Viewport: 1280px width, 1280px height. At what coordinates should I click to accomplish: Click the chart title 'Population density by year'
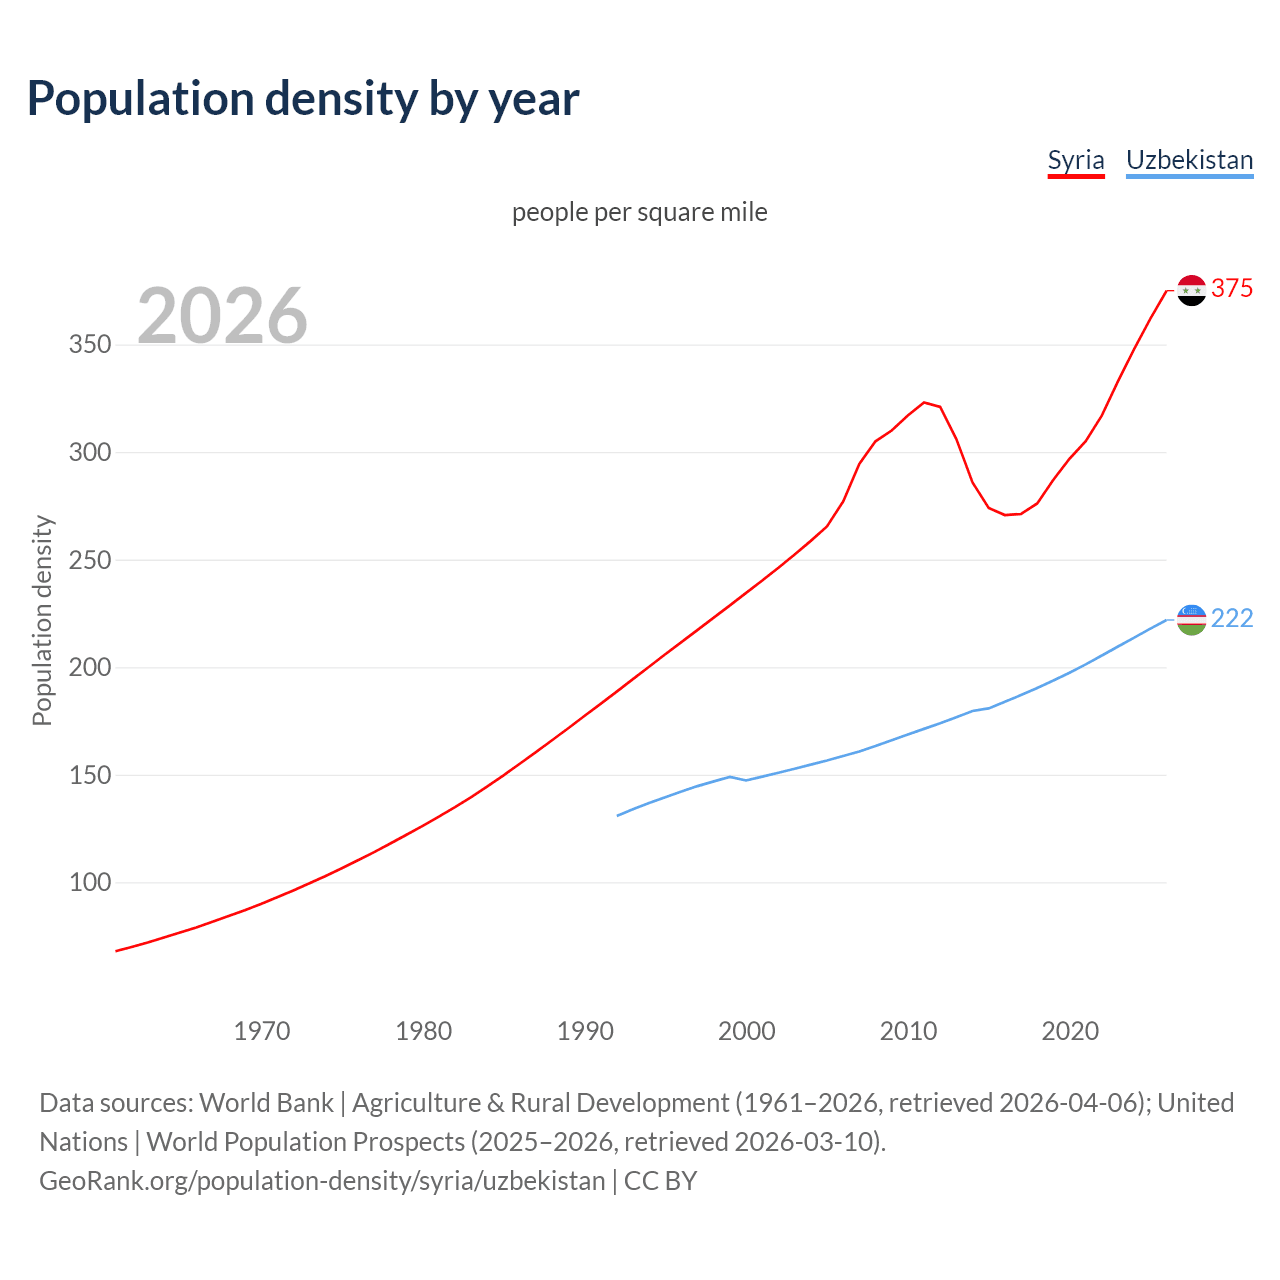coord(303,98)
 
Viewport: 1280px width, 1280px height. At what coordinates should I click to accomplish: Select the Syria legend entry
coord(1075,160)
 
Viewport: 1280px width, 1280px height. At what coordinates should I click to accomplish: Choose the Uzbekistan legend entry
coord(1189,160)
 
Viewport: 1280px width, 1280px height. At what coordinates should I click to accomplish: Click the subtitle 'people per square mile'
coord(639,212)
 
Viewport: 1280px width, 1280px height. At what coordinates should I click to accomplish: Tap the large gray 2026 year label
coord(222,316)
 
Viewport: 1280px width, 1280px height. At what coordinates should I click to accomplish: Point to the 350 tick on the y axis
coord(90,345)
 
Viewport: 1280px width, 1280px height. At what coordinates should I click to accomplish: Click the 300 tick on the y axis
coord(90,453)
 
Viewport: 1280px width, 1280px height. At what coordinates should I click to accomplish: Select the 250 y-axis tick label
coord(90,560)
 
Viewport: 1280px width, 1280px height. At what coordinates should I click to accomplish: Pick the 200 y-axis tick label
coord(90,668)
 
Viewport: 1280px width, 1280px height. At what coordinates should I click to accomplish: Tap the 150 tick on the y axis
coord(90,775)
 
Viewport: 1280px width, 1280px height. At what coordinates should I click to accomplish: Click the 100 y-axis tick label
coord(90,883)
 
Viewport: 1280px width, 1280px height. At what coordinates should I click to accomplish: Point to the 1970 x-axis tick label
coord(262,1031)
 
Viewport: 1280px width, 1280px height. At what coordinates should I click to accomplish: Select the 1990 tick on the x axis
coord(585,1031)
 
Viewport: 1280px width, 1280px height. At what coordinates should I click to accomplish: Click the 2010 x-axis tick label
coord(908,1031)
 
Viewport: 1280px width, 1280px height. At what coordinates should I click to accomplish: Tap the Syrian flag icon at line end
coord(1191,290)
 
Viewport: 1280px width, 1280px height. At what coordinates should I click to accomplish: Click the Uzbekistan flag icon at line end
coord(1191,620)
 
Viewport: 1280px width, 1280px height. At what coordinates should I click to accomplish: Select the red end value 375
coord(1232,289)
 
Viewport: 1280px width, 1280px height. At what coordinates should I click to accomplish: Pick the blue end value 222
coord(1232,619)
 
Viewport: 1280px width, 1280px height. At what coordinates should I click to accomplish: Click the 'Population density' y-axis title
coord(42,620)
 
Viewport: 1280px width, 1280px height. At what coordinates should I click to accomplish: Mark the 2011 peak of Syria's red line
coord(924,402)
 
